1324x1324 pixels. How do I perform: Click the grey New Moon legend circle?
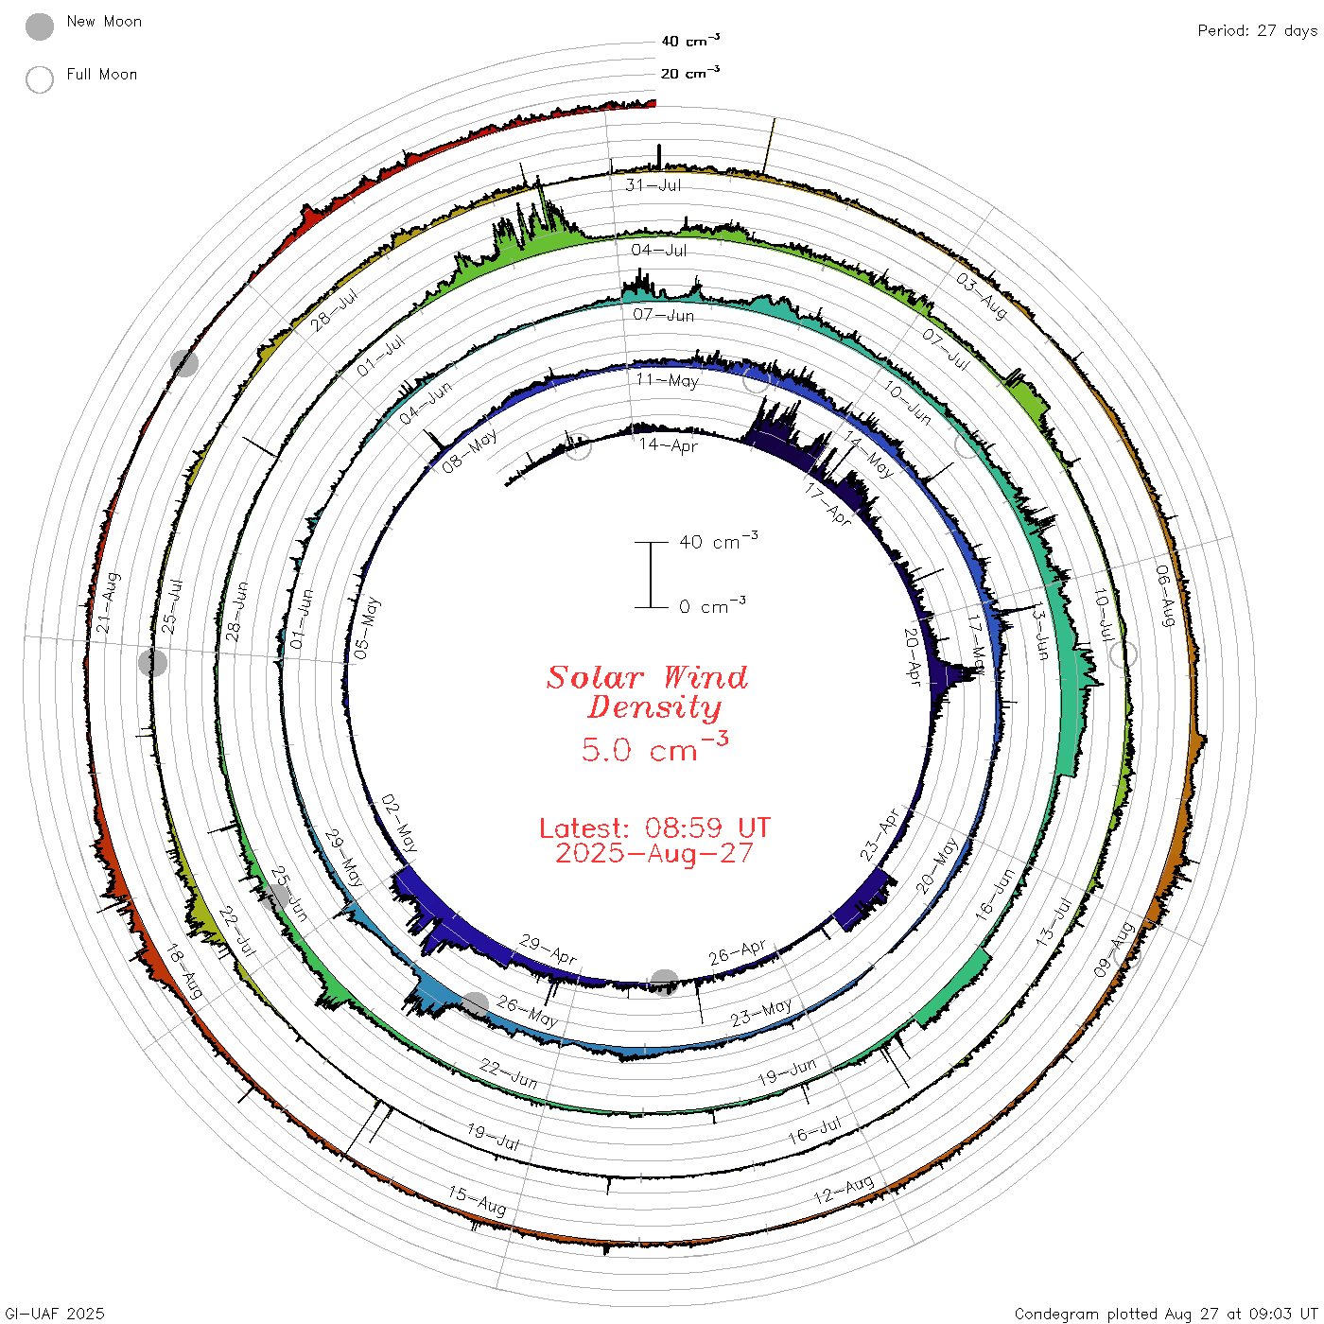pyautogui.click(x=40, y=26)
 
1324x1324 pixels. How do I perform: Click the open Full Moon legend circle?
pyautogui.click(x=40, y=79)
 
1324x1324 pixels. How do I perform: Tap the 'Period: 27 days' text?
pyautogui.click(x=1258, y=31)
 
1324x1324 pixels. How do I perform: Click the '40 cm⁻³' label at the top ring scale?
pyautogui.click(x=690, y=40)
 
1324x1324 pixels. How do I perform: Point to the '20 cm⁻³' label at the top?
pyautogui.click(x=690, y=72)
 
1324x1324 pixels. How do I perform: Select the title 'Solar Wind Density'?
pyautogui.click(x=648, y=692)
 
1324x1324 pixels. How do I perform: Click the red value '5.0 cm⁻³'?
pyautogui.click(x=654, y=747)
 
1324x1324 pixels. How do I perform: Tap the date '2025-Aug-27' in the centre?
pyautogui.click(x=654, y=853)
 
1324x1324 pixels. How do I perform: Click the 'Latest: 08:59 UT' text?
pyautogui.click(x=654, y=827)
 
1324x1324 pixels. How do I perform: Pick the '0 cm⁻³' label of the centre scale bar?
pyautogui.click(x=712, y=605)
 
